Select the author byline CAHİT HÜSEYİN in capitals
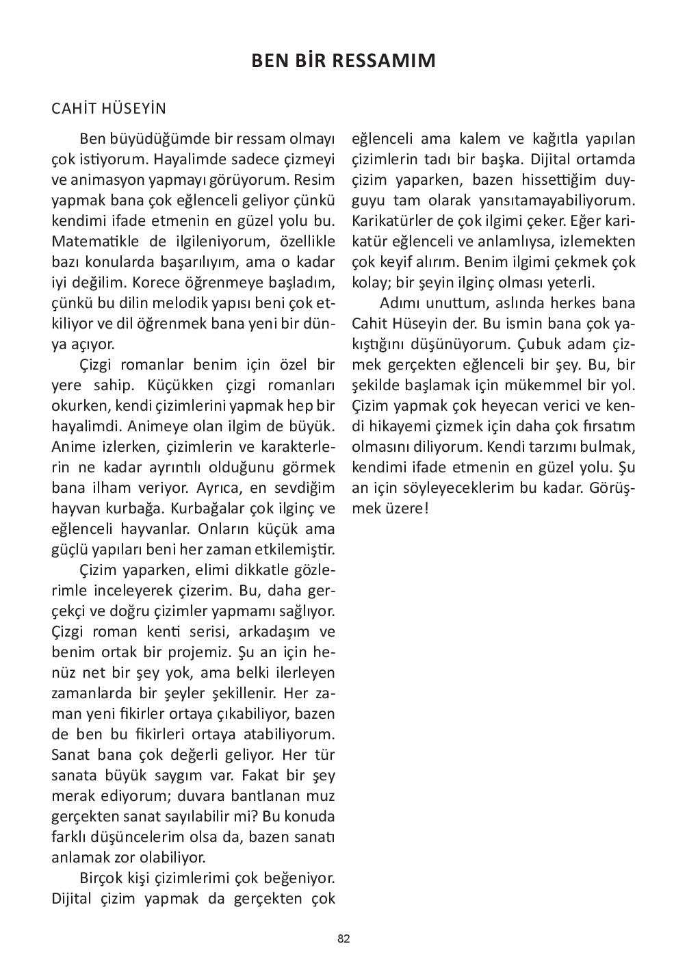(109, 109)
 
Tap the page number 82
(343, 939)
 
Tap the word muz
(320, 796)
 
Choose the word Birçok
(102, 878)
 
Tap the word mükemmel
(532, 385)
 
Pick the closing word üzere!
(405, 508)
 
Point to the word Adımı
(400, 303)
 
